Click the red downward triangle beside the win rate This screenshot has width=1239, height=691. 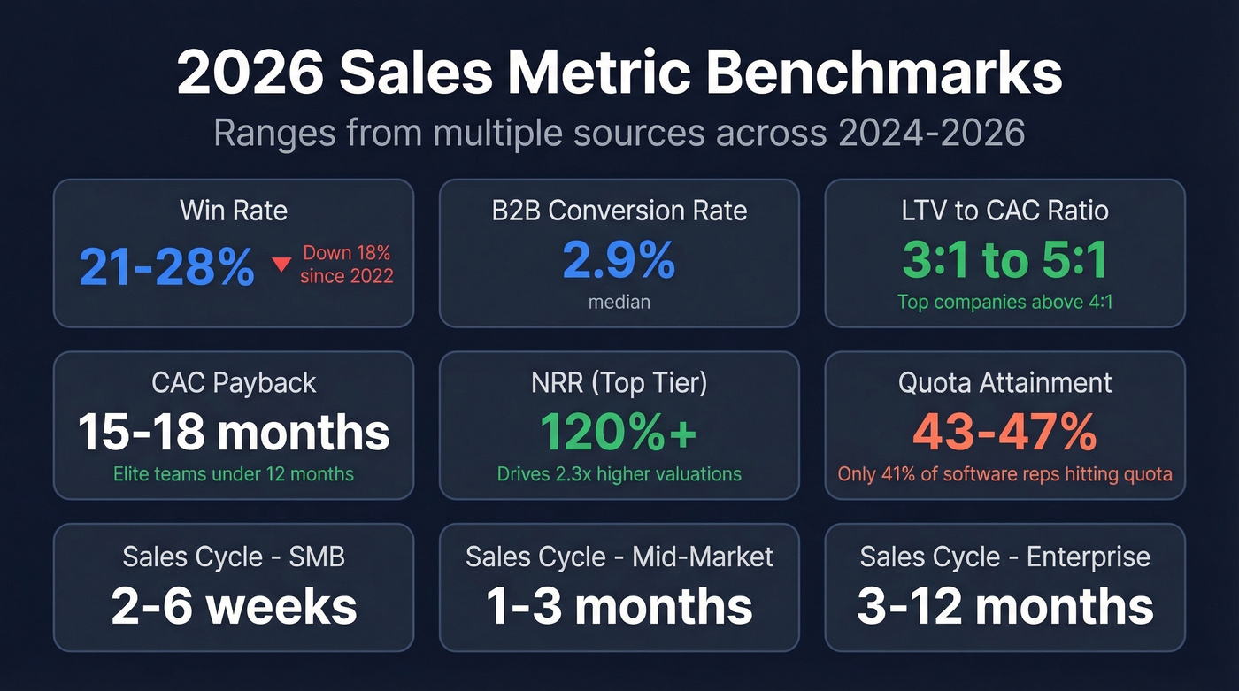coord(281,265)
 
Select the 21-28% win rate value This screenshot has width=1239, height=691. coord(167,266)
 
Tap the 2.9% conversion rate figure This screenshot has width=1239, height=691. coord(619,260)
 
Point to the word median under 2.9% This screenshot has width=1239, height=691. coord(619,302)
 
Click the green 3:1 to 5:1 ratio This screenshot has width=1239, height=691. coord(1004,260)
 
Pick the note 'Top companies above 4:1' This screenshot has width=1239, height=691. coord(1004,302)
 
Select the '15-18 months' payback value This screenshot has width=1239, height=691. coord(234,432)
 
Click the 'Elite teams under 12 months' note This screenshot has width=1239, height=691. coord(234,474)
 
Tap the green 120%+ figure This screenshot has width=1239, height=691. coord(619,432)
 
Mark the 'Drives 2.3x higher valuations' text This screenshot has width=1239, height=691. coord(619,474)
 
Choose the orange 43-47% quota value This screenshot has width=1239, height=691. coord(1004,432)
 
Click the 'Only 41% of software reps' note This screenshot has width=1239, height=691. coord(1004,474)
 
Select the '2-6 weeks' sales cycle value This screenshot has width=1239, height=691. coord(234,605)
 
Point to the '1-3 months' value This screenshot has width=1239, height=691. coord(619,605)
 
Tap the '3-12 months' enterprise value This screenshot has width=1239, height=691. coord(1004,605)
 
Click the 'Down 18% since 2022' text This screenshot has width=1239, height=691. coord(346,265)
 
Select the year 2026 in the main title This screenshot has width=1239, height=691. coord(250,74)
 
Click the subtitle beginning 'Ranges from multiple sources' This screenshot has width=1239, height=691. coord(619,133)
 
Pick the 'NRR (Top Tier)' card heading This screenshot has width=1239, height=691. coord(619,382)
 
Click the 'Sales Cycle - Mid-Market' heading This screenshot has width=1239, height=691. coord(619,557)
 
